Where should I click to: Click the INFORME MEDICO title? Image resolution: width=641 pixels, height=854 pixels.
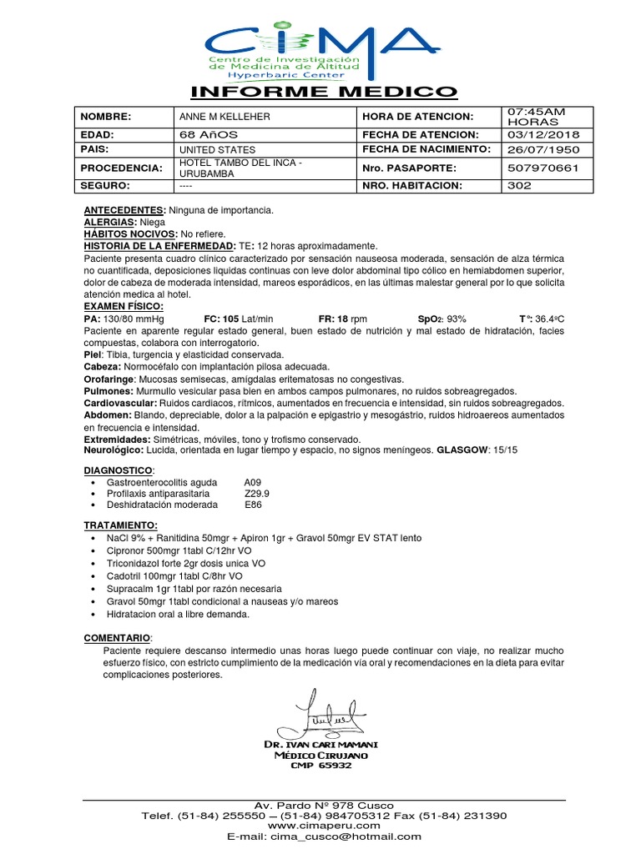tap(324, 92)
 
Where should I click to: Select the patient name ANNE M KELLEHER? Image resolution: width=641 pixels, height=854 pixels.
tap(220, 117)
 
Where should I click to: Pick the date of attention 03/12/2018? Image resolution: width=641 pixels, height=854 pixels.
tap(542, 134)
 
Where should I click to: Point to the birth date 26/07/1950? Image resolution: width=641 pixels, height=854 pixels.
tap(542, 149)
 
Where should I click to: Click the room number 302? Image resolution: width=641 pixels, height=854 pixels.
tap(520, 185)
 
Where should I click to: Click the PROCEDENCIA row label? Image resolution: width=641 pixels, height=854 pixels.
tap(121, 168)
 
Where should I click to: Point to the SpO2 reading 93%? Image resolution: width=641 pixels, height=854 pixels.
tap(456, 319)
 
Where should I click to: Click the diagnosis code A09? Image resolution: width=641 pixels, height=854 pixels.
tap(253, 482)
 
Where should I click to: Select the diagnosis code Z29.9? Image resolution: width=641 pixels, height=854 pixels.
tap(256, 493)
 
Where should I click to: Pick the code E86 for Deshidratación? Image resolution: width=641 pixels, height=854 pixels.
tap(253, 505)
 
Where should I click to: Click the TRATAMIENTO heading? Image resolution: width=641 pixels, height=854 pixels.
tap(121, 525)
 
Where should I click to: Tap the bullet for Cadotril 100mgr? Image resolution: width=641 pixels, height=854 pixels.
tap(91, 576)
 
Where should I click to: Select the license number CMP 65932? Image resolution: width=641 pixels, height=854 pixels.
tap(320, 765)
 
